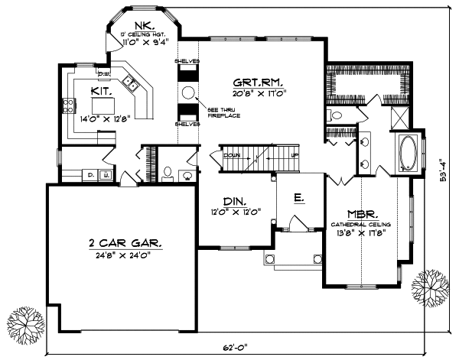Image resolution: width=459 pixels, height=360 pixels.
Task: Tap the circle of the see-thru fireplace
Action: [x=188, y=92]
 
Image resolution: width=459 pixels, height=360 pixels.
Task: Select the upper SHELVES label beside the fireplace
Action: [x=187, y=60]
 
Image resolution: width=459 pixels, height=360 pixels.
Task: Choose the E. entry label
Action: [x=299, y=198]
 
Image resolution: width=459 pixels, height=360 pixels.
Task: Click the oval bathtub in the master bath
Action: [x=405, y=152]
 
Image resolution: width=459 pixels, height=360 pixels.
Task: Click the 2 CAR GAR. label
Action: [x=124, y=243]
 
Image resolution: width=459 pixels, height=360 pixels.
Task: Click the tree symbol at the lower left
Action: [x=24, y=323]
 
